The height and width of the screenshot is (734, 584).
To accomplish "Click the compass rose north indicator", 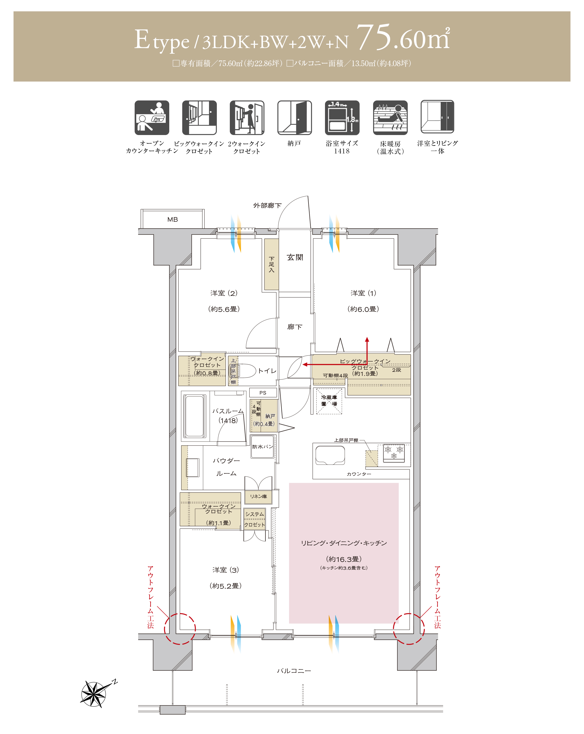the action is (x=93, y=694).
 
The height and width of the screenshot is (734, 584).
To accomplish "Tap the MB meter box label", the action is (x=172, y=220).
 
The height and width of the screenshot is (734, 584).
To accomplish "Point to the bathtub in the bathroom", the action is (x=195, y=416).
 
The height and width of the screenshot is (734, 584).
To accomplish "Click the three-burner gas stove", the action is (x=394, y=453).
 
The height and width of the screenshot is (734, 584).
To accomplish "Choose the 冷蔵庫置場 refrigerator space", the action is (x=329, y=401).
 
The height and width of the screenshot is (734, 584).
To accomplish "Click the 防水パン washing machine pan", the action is (x=262, y=446).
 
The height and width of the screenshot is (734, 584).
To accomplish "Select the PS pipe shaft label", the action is (x=263, y=393).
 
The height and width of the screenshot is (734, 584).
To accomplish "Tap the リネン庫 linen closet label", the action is (x=258, y=496).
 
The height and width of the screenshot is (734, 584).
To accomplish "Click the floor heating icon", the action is (x=390, y=118).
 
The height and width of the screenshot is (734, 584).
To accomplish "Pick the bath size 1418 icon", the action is (x=342, y=118).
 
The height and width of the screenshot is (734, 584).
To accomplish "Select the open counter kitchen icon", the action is (x=152, y=118).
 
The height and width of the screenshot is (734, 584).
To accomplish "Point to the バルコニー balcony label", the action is (x=294, y=671).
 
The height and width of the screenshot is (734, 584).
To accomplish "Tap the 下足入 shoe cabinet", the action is (x=271, y=264).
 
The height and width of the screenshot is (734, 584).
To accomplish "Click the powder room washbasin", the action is (x=193, y=468).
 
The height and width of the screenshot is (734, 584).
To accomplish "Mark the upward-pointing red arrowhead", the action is (x=367, y=339).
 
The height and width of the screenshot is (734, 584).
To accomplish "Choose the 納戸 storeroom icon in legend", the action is (x=294, y=118).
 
